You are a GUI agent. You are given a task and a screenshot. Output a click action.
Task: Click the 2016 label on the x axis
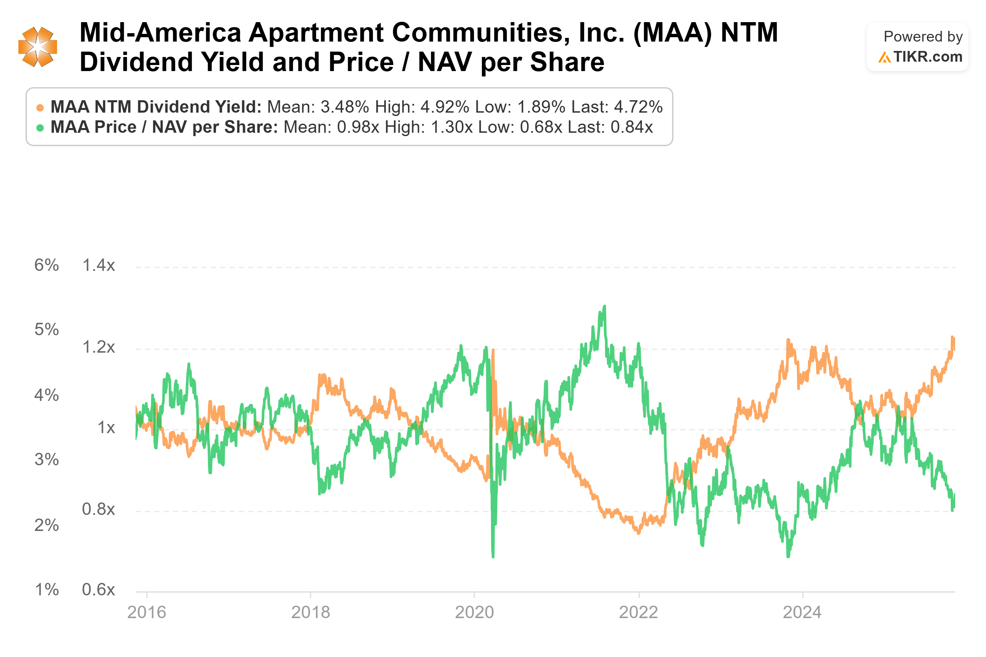tap(147, 613)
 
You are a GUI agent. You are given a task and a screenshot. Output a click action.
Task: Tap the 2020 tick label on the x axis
tap(475, 613)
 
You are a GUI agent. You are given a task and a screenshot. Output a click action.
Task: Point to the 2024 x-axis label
tap(802, 613)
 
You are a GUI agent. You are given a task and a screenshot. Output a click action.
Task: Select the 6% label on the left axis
tap(47, 265)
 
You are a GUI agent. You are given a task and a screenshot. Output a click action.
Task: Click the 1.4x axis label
tap(99, 265)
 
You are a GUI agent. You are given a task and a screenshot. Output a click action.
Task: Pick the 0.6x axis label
tap(99, 590)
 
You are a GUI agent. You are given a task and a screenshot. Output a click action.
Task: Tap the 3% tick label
tap(47, 460)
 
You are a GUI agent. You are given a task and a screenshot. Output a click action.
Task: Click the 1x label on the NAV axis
tap(106, 427)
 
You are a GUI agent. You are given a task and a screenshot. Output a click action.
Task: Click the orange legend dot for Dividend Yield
tap(40, 108)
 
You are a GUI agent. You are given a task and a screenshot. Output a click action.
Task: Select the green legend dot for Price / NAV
tap(40, 128)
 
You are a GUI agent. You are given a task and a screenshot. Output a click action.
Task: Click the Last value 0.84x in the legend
tap(632, 127)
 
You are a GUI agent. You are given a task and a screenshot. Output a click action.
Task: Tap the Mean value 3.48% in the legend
tap(345, 107)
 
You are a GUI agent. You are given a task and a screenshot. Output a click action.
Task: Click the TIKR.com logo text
tap(927, 57)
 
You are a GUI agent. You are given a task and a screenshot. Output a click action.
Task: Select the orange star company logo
tap(38, 47)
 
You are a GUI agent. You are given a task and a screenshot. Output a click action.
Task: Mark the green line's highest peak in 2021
tap(604, 306)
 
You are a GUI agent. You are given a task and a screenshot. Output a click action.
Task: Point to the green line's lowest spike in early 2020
tap(493, 557)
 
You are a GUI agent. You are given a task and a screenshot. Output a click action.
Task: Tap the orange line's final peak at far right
tap(952, 337)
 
